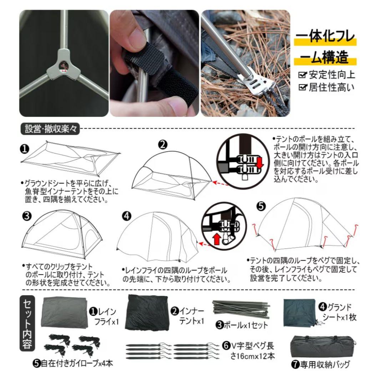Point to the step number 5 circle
261,206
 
